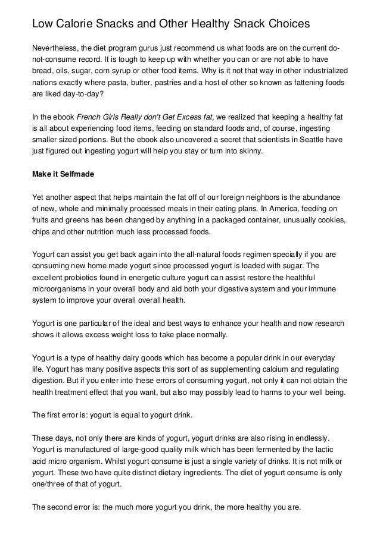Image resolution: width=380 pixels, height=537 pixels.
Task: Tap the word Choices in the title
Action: pos(285,24)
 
